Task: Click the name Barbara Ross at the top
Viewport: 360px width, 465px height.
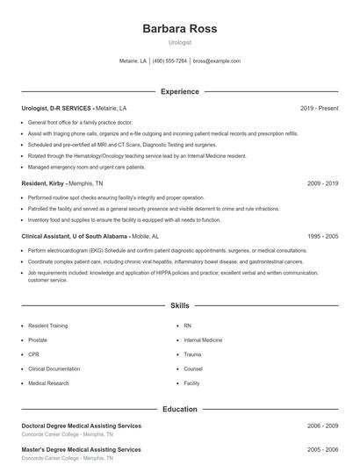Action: [179, 28]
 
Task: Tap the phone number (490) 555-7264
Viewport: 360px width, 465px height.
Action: [169, 61]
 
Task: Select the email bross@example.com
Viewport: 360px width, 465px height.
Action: [216, 61]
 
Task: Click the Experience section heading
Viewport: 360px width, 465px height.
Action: [179, 91]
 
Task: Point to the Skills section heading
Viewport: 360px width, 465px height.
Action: [179, 305]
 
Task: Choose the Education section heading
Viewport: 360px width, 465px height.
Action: [179, 409]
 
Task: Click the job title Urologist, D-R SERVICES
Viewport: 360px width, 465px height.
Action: [56, 108]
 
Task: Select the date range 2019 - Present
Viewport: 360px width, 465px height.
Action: [319, 108]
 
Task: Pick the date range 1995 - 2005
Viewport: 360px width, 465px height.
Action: [322, 237]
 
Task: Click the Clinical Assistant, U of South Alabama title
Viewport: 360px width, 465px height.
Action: [74, 237]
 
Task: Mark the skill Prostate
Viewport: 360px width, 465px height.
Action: [39, 340]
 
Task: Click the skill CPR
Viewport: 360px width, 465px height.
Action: [35, 354]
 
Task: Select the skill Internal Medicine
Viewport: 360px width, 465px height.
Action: [203, 340]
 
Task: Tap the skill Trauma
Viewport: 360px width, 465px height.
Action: [192, 354]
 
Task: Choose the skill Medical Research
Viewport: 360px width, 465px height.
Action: [48, 383]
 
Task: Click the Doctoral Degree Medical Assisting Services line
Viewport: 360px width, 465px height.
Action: [81, 426]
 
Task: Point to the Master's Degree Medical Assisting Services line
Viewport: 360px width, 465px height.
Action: [81, 449]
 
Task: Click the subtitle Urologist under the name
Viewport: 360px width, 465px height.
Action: [179, 42]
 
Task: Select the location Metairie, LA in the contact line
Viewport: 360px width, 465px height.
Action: [133, 61]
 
